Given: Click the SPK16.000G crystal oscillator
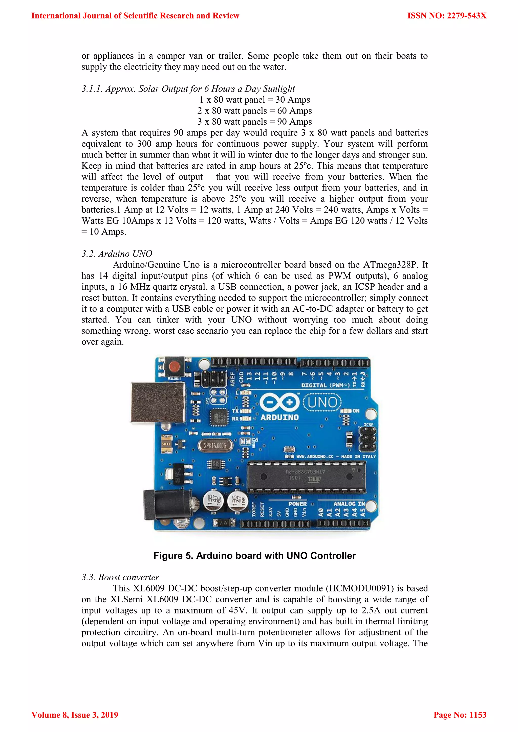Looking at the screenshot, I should tap(215, 445).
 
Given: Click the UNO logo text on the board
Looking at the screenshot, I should tap(322, 402).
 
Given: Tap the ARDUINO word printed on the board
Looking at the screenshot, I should tap(279, 417).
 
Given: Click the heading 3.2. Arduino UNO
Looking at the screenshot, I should tap(117, 254).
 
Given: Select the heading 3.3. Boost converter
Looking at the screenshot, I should tap(120, 577).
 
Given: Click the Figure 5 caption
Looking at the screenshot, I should tap(254, 556).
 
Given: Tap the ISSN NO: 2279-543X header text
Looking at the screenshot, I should tap(447, 16).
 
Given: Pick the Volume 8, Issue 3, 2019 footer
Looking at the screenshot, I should tap(75, 715).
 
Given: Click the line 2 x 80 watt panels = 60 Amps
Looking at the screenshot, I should tap(254, 111).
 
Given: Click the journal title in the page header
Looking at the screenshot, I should tap(135, 16).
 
